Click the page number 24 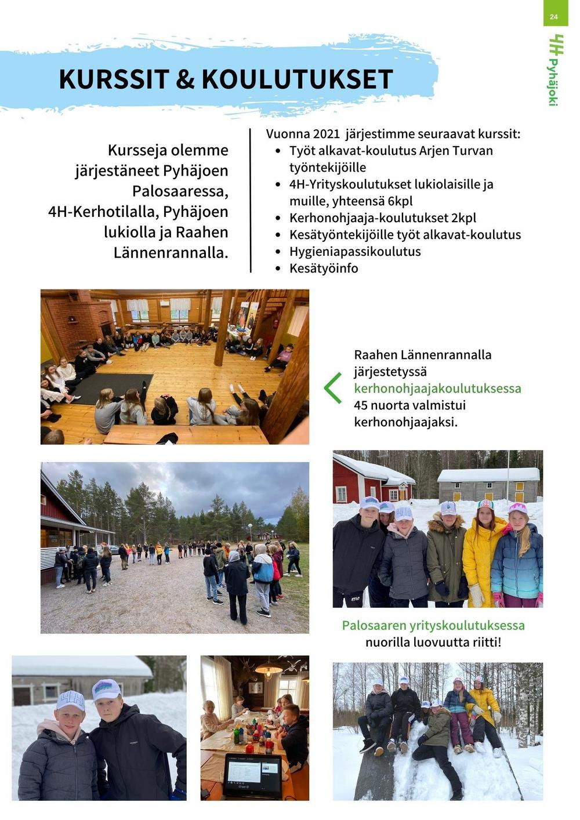pyautogui.click(x=553, y=17)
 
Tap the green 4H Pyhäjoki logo pyautogui.click(x=554, y=70)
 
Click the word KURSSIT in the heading pyautogui.click(x=114, y=79)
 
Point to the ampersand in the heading pyautogui.click(x=185, y=79)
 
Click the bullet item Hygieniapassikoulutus pyautogui.click(x=355, y=252)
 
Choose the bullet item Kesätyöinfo pyautogui.click(x=324, y=269)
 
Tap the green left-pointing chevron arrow pyautogui.click(x=332, y=388)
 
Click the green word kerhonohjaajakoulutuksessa pyautogui.click(x=437, y=389)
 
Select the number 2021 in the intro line pyautogui.click(x=326, y=134)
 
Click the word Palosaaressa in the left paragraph pyautogui.click(x=180, y=191)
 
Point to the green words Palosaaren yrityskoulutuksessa pyautogui.click(x=433, y=626)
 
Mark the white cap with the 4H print pyautogui.click(x=71, y=701)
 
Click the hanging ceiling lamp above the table pyautogui.click(x=269, y=670)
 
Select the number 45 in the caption pyautogui.click(x=362, y=405)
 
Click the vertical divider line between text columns pyautogui.click(x=251, y=201)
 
